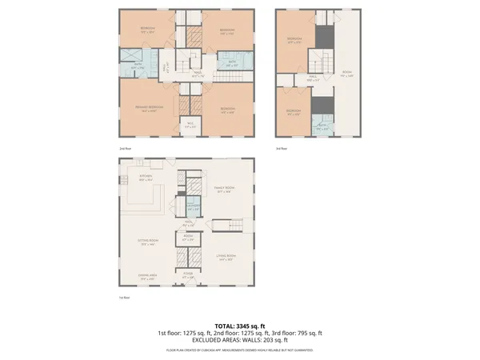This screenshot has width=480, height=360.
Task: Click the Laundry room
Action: pos(193,207)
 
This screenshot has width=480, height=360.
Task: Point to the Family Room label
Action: pos(223,190)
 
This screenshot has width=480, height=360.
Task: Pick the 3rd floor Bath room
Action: pos(320,126)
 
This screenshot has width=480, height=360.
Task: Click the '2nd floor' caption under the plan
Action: pos(124,149)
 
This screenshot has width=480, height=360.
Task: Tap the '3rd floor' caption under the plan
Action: pos(281,149)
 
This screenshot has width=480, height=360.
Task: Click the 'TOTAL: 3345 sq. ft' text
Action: pos(240,326)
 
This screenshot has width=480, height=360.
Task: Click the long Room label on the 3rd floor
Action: pos(346,74)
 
